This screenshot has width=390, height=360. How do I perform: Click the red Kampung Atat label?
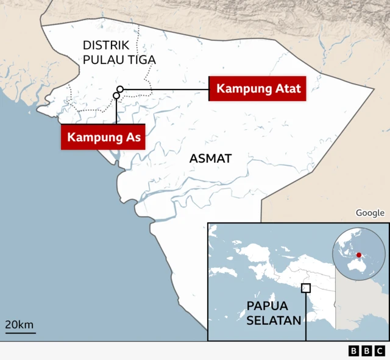click(x=258, y=89)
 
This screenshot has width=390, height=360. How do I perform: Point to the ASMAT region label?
click(x=210, y=158)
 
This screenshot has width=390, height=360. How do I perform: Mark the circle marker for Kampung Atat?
click(x=120, y=90)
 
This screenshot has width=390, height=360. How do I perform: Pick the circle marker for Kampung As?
click(x=116, y=96)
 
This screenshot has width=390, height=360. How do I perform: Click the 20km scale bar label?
click(x=20, y=325)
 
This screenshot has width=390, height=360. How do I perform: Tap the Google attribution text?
click(x=370, y=213)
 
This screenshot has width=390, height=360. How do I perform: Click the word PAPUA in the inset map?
click(x=267, y=306)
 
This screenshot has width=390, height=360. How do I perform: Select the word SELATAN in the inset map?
click(x=274, y=320)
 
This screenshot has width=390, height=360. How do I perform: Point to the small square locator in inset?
click(x=306, y=288)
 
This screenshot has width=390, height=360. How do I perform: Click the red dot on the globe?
click(x=359, y=255)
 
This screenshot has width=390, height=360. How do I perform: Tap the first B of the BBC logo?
click(x=354, y=351)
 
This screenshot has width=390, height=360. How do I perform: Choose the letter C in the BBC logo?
click(x=379, y=351)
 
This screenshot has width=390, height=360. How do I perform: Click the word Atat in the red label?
click(x=287, y=89)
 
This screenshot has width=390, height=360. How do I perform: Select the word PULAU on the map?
click(x=102, y=60)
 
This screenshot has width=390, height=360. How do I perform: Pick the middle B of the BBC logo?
click(x=366, y=351)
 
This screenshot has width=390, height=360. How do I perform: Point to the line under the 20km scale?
click(x=20, y=333)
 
